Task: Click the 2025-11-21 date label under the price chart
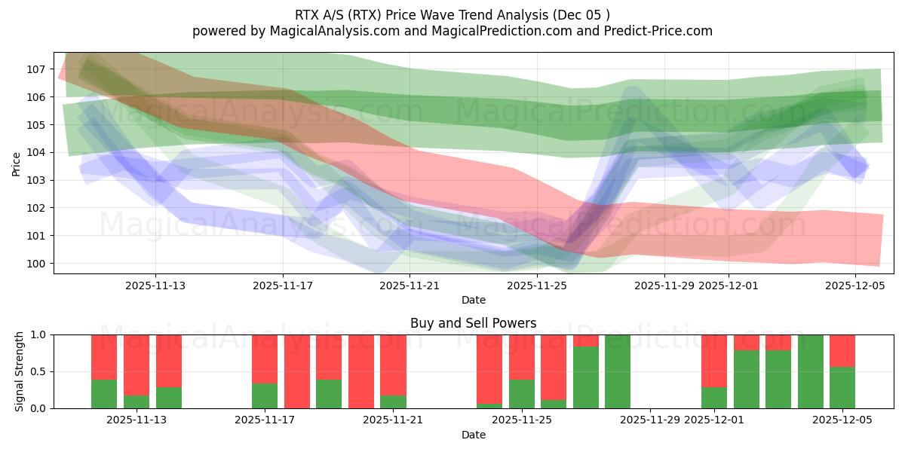click(x=410, y=286)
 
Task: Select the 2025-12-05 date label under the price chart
click(x=856, y=286)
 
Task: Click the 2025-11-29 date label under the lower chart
click(x=650, y=420)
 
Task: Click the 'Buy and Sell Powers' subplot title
click(x=473, y=323)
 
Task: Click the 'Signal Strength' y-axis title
click(x=20, y=371)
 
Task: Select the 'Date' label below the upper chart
click(x=473, y=300)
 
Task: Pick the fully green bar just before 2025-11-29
click(x=618, y=371)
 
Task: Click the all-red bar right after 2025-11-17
click(x=297, y=371)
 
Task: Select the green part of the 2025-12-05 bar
click(x=842, y=388)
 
